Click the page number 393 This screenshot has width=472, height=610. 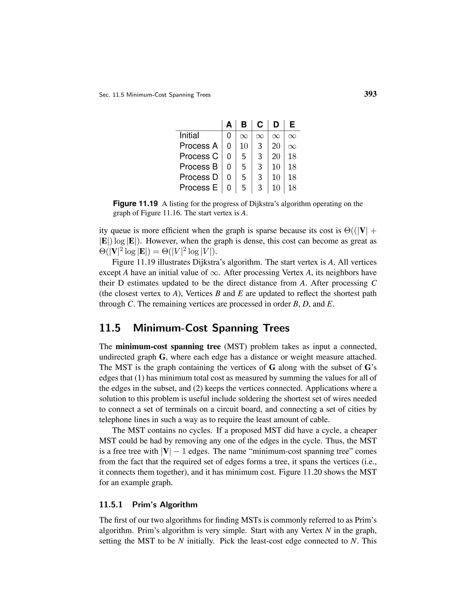370,94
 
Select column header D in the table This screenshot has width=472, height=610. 276,125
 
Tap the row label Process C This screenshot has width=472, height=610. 198,156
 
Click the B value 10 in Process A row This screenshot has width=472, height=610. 244,146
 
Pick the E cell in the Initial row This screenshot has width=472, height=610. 292,136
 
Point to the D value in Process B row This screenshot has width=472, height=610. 276,167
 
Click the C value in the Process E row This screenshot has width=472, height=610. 260,188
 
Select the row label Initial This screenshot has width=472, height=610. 189,135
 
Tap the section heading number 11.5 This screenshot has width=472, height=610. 110,328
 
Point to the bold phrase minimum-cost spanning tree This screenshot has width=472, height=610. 168,347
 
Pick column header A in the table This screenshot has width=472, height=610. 229,125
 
